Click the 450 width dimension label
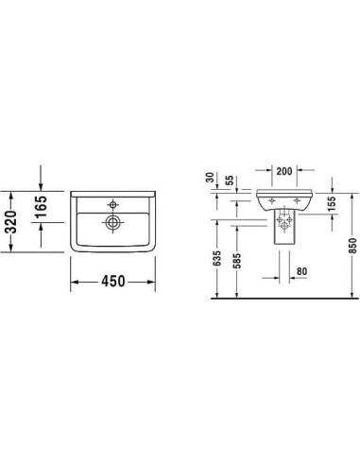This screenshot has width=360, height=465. click(x=113, y=282)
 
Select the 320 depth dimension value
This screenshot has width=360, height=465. click(x=11, y=221)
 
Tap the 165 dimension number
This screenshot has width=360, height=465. click(x=42, y=207)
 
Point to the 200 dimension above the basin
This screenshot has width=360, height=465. click(x=284, y=171)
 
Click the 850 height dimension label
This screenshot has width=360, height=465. click(x=352, y=246)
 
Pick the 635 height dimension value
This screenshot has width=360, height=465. click(x=217, y=259)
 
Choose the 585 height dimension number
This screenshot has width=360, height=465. click(x=237, y=261)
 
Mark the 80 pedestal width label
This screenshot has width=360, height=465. click(x=301, y=271)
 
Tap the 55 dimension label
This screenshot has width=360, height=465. click(x=230, y=181)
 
